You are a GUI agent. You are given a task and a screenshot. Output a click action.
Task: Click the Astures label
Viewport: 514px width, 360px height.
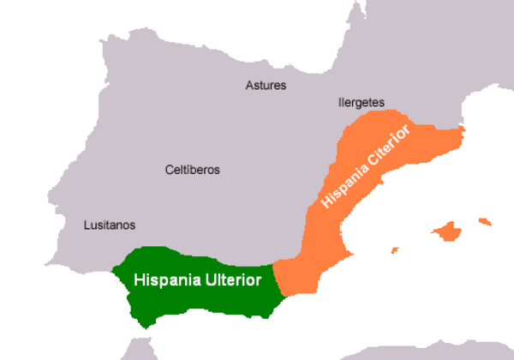[x=266, y=86]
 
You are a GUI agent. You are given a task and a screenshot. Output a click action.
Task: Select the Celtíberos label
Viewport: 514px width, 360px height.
[x=192, y=170]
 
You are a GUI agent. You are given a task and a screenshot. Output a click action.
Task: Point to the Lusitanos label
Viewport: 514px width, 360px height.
[x=109, y=225]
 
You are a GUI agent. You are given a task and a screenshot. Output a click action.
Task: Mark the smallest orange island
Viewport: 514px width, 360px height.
[x=395, y=250]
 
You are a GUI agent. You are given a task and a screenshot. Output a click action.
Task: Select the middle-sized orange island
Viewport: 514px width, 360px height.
[x=486, y=222]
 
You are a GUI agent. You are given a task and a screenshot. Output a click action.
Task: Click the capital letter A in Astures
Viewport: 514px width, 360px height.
[x=249, y=86]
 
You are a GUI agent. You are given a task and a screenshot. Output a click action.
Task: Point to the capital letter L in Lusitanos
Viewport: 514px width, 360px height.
[x=86, y=225]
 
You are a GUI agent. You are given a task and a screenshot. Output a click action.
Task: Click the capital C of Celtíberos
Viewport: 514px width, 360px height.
[x=169, y=170]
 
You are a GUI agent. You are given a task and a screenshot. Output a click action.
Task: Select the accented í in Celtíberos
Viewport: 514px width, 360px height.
[x=187, y=170]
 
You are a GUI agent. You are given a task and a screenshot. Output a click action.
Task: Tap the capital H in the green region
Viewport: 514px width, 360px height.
[x=137, y=279]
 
